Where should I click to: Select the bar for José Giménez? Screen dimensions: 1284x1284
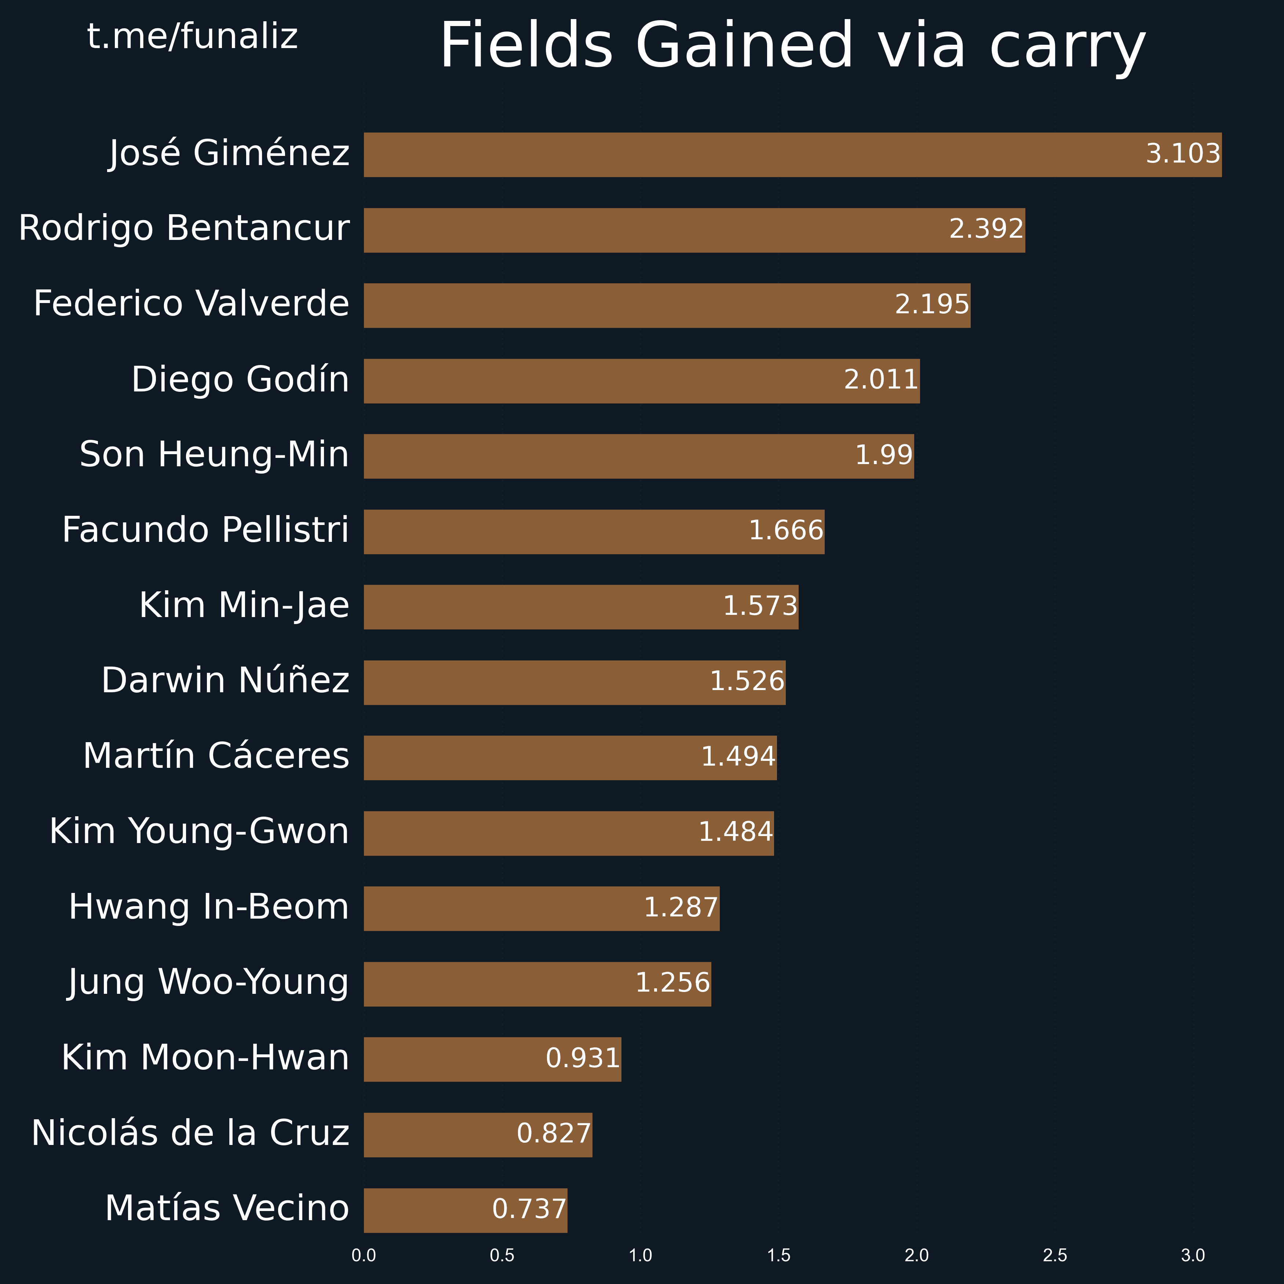[x=792, y=155]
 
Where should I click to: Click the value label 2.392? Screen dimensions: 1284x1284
[x=986, y=229]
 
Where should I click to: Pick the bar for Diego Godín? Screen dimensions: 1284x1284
[x=641, y=381]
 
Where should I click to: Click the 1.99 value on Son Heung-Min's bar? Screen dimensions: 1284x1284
[x=883, y=455]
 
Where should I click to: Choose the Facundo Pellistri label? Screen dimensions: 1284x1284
[x=205, y=530]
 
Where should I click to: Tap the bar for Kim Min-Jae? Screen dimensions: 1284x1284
[x=581, y=607]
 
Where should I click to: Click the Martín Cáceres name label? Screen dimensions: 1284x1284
[x=216, y=756]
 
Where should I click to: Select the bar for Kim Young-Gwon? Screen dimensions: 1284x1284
[x=568, y=833]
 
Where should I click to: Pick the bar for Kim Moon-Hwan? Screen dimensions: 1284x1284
[x=492, y=1059]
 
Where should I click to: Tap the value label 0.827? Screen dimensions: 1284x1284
[x=554, y=1134]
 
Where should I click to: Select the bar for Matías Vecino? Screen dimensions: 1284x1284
[x=465, y=1210]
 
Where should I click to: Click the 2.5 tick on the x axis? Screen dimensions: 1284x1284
[x=1055, y=1255]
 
